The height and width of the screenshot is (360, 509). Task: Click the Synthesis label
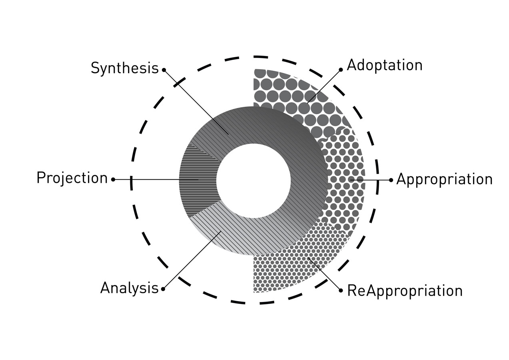point(124,68)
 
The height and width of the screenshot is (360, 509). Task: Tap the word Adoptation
point(384,65)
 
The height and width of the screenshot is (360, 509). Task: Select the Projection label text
point(72,178)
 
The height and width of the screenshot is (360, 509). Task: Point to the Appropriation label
point(444,179)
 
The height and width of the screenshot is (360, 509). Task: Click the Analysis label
point(129,288)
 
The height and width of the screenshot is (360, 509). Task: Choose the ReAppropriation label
point(405,290)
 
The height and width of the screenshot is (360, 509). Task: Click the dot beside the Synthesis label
point(164,70)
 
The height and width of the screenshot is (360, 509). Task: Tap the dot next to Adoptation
point(341,69)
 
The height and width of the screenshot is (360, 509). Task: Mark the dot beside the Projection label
point(113,180)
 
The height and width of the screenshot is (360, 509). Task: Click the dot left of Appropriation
point(391,180)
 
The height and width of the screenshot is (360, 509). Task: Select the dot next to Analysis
point(163,288)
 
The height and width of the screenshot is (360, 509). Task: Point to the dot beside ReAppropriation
point(341,290)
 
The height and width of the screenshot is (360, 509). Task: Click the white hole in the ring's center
point(254,180)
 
